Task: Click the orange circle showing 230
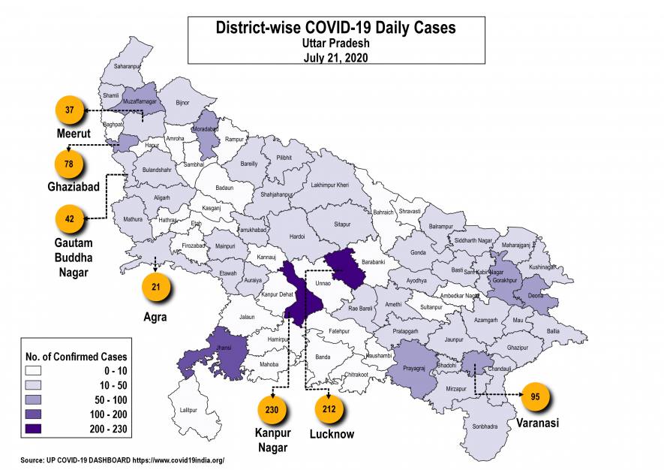click(272, 410)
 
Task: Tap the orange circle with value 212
click(329, 410)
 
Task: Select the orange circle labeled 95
click(536, 396)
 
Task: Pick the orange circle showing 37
click(70, 110)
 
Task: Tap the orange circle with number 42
click(70, 218)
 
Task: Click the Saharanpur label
click(127, 66)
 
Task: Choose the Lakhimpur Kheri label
click(330, 185)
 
